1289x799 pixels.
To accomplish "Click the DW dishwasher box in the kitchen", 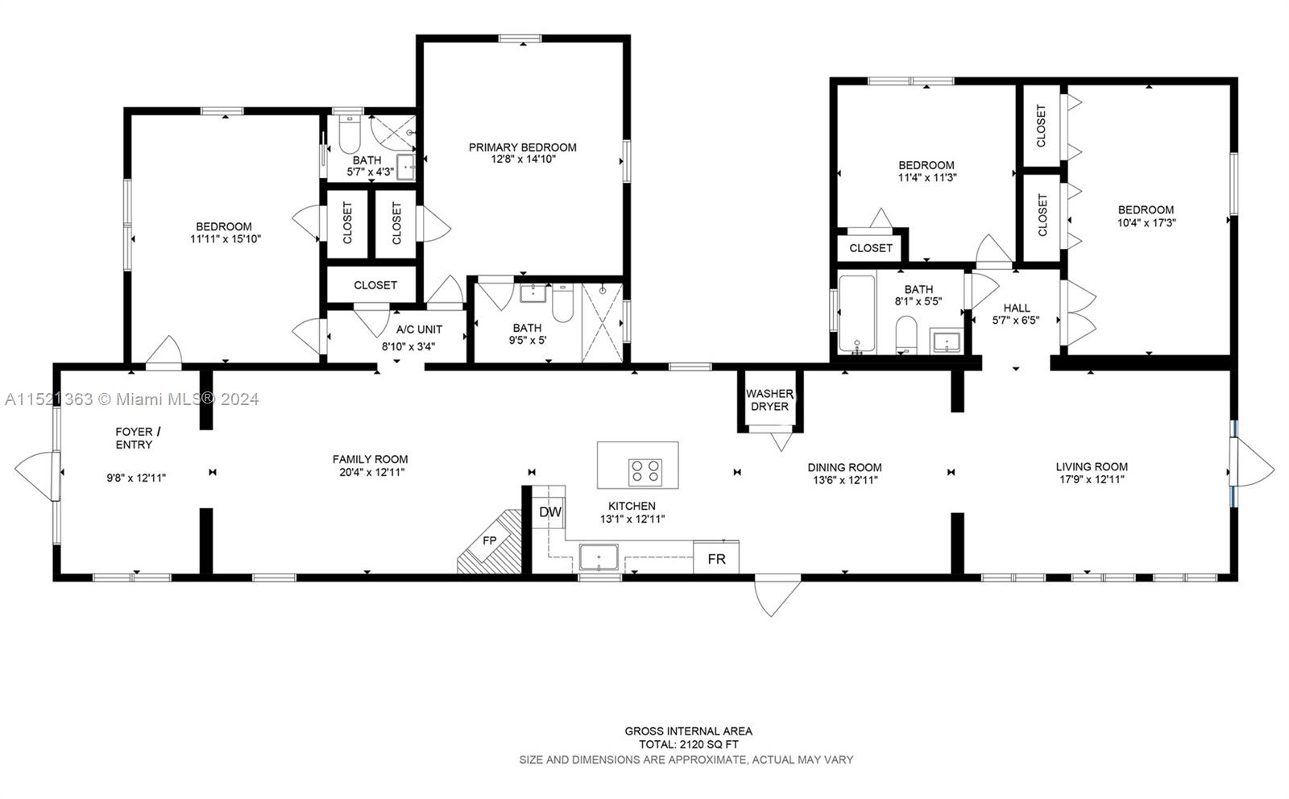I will click(549, 512).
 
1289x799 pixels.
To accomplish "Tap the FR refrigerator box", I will click(716, 558).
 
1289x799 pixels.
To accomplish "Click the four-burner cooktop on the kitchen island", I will click(644, 471).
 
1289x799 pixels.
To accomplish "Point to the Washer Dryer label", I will click(769, 399).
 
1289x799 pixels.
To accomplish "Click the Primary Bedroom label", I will click(523, 147).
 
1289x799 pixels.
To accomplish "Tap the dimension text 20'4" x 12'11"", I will click(371, 472).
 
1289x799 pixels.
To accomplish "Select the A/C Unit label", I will click(419, 329).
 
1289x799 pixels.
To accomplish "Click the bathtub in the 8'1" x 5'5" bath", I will click(856, 314).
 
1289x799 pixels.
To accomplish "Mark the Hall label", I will click(1017, 308).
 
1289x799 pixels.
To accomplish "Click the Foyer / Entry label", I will click(134, 438).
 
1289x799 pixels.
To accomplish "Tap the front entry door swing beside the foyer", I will click(36, 475).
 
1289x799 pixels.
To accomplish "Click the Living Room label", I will click(1092, 466).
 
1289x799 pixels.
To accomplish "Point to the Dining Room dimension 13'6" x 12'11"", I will click(845, 480).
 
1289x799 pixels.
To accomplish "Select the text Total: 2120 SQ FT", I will click(689, 745).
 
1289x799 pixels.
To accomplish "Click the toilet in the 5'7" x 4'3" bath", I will click(349, 137).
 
